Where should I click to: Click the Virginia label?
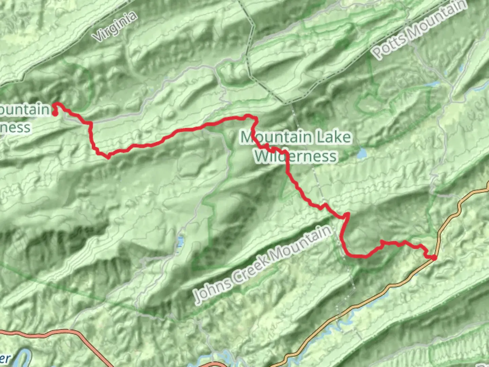coord(116,27)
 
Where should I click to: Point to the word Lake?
coord(334,137)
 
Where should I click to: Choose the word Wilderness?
coord(295,156)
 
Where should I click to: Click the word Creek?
coord(252,268)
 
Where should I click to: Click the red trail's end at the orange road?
coord(434,258)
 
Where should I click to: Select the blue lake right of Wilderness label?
coord(362,154)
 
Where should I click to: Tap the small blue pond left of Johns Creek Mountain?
coord(180,242)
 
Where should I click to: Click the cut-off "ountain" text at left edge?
coord(24,109)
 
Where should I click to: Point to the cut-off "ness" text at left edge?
coord(15,128)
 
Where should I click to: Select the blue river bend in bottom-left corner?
coord(22,359)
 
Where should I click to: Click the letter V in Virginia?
coord(99,36)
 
